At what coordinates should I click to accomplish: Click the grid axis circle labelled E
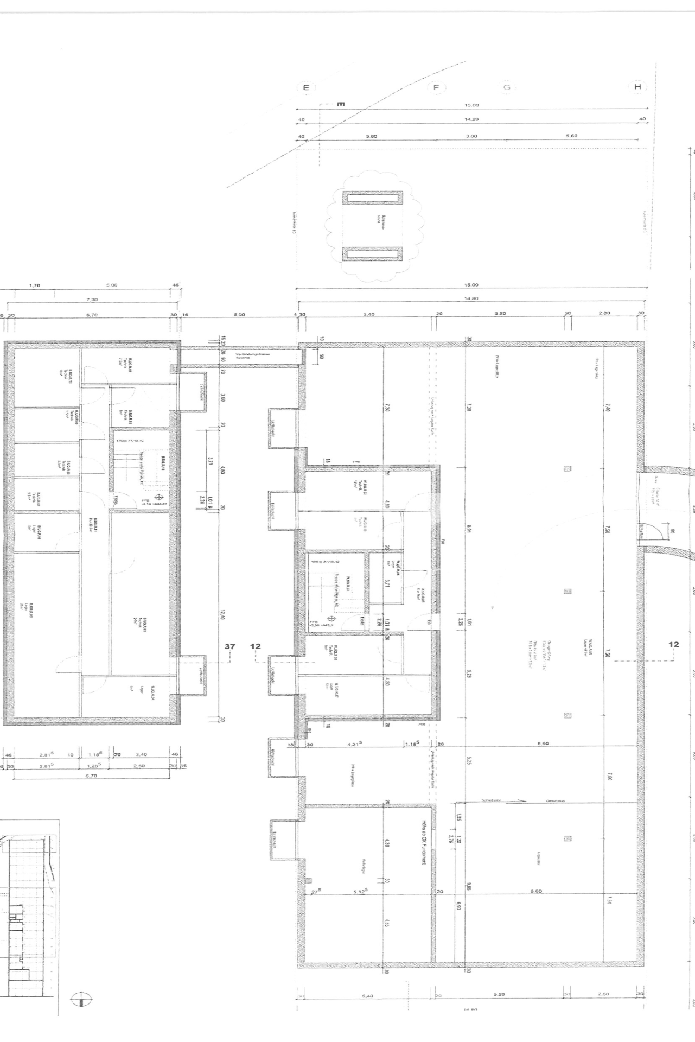tap(306, 87)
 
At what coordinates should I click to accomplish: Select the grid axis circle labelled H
tap(637, 87)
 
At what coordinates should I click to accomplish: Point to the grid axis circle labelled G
tap(507, 87)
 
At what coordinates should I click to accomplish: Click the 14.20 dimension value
tap(471, 119)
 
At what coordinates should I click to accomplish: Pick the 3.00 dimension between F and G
tap(471, 136)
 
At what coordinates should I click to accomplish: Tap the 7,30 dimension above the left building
tap(92, 300)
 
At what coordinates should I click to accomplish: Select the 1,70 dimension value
tap(34, 285)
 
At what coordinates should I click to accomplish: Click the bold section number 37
tap(230, 646)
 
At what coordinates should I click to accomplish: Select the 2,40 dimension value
tap(141, 754)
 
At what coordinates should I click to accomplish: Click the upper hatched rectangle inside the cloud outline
tap(372, 198)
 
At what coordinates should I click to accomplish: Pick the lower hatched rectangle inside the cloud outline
tap(372, 253)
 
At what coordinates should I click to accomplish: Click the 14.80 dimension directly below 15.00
tap(471, 298)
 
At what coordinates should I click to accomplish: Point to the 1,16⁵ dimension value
tap(95, 754)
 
